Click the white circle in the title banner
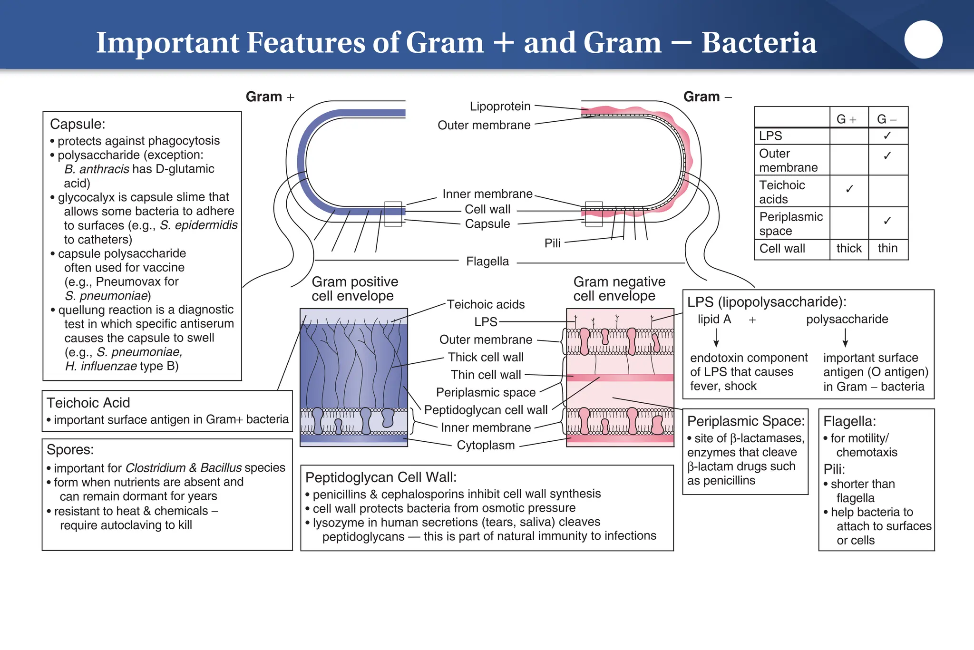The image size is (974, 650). click(x=923, y=39)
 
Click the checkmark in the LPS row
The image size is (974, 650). click(x=887, y=136)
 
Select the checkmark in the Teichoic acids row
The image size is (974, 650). click(x=849, y=189)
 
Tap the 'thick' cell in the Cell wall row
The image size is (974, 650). click(x=849, y=248)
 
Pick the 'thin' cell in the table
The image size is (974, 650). click(x=887, y=248)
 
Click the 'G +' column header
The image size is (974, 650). click(x=847, y=119)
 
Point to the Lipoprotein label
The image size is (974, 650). click(x=500, y=107)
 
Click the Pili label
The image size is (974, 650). click(x=552, y=243)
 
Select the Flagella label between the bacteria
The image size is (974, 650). click(x=487, y=262)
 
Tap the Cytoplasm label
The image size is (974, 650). click(x=486, y=446)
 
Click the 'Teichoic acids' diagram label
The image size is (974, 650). click(x=486, y=305)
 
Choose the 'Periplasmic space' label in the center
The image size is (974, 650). click(x=486, y=393)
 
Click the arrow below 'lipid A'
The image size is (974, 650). click(x=716, y=338)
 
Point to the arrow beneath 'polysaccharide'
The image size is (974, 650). click(x=845, y=338)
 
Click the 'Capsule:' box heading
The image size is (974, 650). click(x=78, y=124)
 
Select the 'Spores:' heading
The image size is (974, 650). click(x=70, y=450)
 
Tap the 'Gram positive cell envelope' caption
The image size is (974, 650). click(x=354, y=289)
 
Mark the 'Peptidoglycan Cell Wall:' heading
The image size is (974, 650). click(x=381, y=477)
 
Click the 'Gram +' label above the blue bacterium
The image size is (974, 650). click(x=270, y=97)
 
